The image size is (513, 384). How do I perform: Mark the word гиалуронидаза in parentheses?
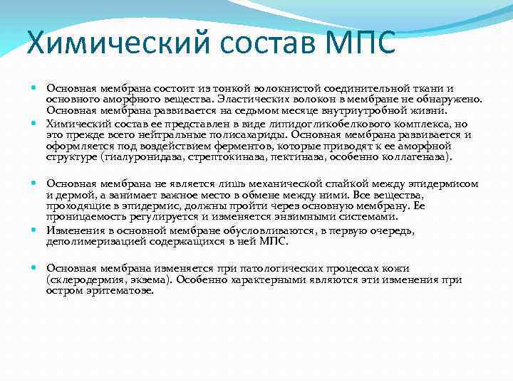click(139, 156)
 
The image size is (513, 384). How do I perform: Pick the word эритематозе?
click(119, 292)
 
